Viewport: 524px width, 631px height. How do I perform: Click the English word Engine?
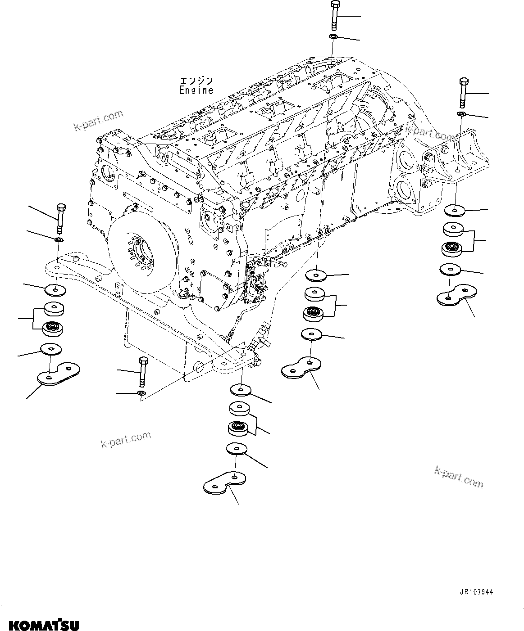(x=196, y=90)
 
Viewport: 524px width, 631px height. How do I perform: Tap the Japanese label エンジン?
(x=196, y=81)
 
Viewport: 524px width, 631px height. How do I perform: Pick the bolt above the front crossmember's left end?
(x=60, y=217)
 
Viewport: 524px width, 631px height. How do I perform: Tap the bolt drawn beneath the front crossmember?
(x=143, y=371)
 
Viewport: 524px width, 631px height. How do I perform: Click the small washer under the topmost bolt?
(x=333, y=36)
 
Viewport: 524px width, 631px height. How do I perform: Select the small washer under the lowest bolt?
(x=141, y=394)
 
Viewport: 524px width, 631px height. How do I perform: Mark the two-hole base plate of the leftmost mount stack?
(x=58, y=374)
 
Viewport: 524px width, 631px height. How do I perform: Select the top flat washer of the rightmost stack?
(x=455, y=210)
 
